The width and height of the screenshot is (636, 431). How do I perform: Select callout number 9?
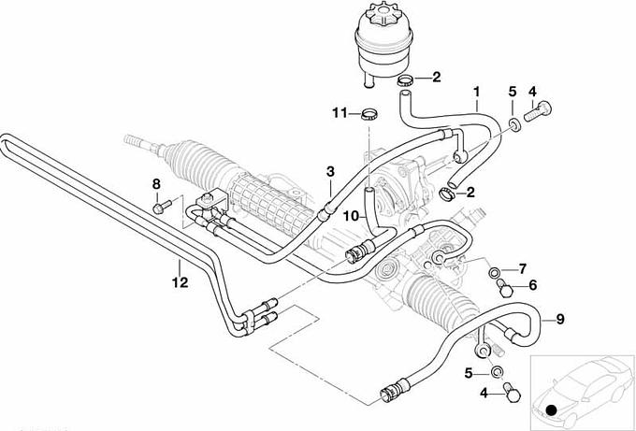point(560,320)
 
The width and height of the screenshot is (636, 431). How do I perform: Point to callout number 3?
point(329,171)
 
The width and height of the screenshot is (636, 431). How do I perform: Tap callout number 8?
point(157,184)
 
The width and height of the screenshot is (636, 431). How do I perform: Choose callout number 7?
point(523,268)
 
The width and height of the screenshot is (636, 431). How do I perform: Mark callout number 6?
point(534,286)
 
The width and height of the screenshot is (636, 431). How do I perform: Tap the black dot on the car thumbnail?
point(554,409)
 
